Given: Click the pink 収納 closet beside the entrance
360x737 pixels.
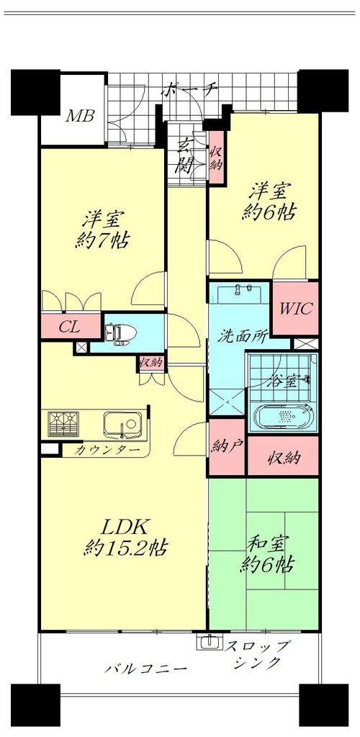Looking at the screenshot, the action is tap(216, 158).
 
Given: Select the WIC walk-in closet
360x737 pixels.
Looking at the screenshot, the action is tap(296, 308).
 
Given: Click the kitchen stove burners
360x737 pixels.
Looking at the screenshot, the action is tap(63, 423).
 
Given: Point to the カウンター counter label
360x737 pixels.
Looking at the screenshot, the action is tap(107, 450).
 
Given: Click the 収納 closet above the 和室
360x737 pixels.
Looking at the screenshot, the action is tap(284, 456).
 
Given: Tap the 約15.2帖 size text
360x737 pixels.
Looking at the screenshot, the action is tap(127, 548).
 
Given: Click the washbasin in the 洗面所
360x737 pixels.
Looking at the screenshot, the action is tap(240, 294).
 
